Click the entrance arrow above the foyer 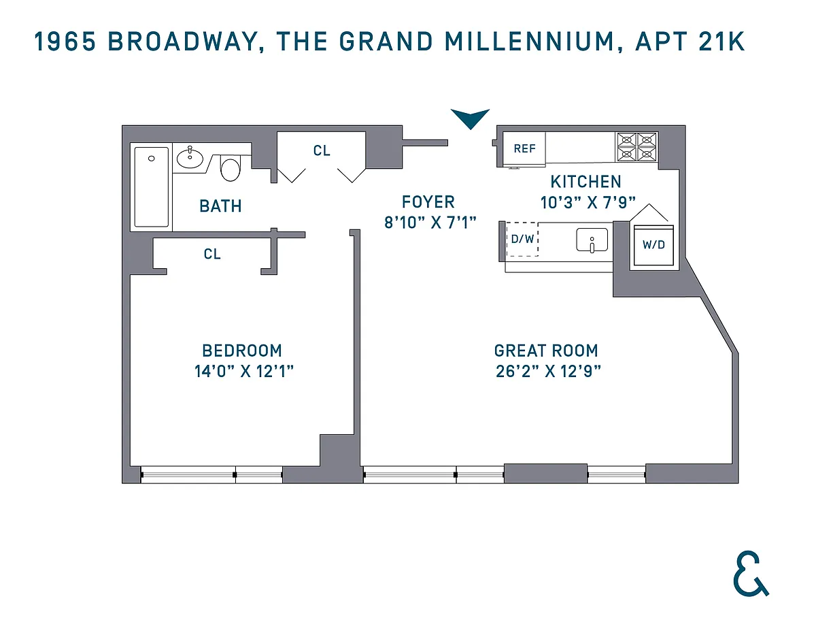point(470,117)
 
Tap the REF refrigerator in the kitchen point(524,148)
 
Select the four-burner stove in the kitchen point(636,147)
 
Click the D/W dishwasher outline point(522,239)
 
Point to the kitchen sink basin point(592,240)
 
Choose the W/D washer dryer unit point(653,244)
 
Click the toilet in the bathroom point(231,168)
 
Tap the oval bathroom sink point(190,159)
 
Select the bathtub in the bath point(152,187)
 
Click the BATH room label point(220,206)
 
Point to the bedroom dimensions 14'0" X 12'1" point(243,371)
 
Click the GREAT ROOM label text point(546,351)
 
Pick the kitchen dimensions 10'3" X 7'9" point(588,203)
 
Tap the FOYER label point(428,201)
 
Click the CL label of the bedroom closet point(212,254)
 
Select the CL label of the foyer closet point(322,150)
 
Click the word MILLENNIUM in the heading point(530,42)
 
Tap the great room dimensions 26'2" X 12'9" point(548,371)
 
